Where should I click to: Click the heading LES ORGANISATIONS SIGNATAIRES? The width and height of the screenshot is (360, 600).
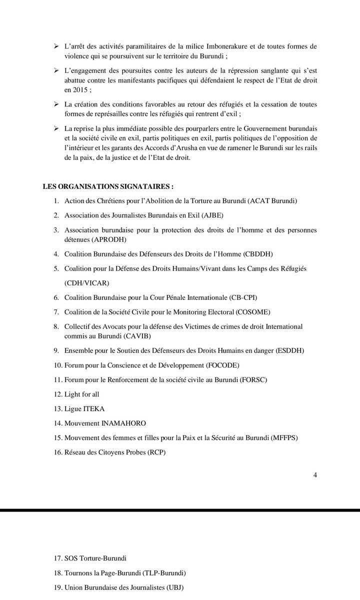pos(108,186)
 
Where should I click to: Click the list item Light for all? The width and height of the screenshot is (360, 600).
pos(82,394)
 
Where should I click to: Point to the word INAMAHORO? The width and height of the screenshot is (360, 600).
pos(122,423)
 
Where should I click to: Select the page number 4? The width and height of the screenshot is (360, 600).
pos(314,475)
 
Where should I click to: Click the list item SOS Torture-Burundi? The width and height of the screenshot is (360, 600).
pos(99,557)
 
